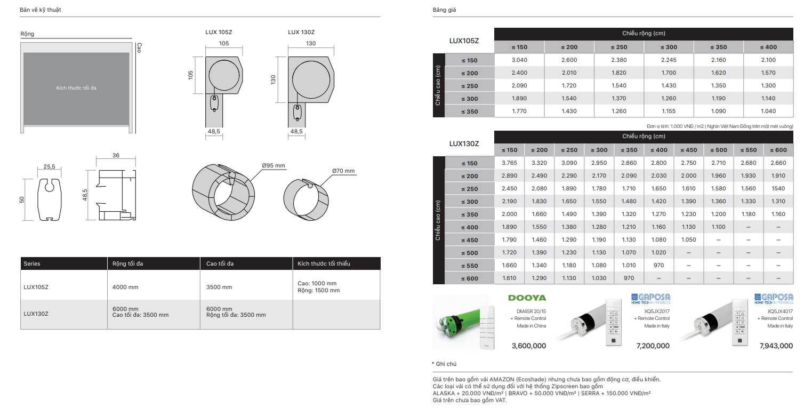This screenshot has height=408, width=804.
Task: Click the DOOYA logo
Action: (527, 298)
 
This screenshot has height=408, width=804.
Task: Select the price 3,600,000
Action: (528, 346)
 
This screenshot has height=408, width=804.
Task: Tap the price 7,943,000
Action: (776, 346)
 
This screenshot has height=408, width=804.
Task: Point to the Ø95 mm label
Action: (274, 166)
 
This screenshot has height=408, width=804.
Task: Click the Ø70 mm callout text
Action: (343, 171)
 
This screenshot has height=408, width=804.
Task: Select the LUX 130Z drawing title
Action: (301, 32)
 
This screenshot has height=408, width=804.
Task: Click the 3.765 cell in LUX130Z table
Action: (509, 163)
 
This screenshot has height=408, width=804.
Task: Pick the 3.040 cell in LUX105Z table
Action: (519, 60)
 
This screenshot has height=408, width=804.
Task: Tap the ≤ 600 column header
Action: (778, 150)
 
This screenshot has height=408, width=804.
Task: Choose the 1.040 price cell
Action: (768, 111)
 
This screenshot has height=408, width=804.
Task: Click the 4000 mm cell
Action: (125, 287)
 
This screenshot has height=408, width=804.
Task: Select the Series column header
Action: (32, 264)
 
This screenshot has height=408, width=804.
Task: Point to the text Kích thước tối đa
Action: (76, 88)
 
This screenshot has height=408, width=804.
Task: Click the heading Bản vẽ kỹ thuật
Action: (41, 10)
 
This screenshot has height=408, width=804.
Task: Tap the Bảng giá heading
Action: (444, 10)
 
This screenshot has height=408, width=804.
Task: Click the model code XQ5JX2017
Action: (656, 310)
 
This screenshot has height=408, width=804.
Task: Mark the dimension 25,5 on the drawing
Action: (49, 166)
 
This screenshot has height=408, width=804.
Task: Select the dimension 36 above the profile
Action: (116, 156)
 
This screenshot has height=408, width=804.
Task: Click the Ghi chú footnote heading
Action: (446, 364)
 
